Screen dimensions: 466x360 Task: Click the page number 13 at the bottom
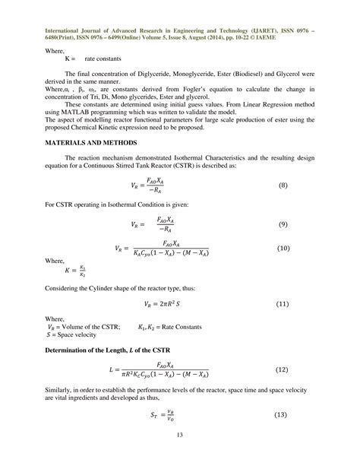point(180,455)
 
